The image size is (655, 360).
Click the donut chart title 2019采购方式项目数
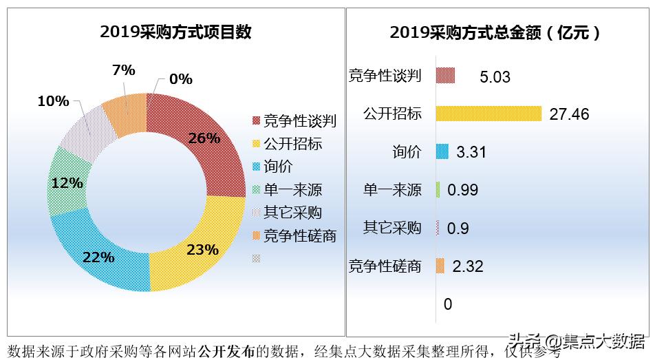click(x=175, y=32)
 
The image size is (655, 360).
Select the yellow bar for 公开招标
click(x=488, y=114)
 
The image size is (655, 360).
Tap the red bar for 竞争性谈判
click(x=446, y=76)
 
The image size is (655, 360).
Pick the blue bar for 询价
click(x=442, y=151)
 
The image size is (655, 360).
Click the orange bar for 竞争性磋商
click(x=440, y=266)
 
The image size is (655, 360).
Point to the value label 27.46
click(x=569, y=114)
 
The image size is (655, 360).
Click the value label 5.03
click(x=495, y=77)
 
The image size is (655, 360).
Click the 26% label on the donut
click(x=204, y=138)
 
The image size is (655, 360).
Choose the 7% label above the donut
click(x=123, y=70)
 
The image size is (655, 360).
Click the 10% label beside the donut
click(x=53, y=101)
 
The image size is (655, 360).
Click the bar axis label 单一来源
click(x=392, y=190)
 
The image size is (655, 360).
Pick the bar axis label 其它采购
click(x=392, y=228)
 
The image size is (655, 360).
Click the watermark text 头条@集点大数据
click(x=576, y=341)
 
